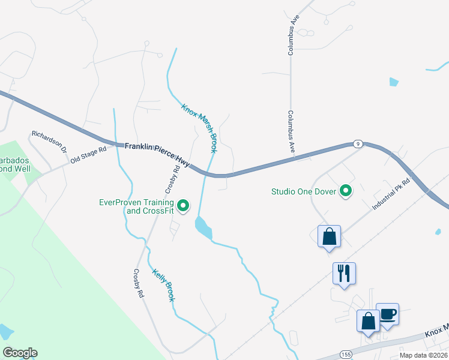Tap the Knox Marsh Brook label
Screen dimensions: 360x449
tap(199, 128)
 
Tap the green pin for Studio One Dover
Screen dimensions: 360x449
tap(346, 191)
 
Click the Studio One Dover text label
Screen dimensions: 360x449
tap(304, 192)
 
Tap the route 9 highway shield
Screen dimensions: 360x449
tap(357, 143)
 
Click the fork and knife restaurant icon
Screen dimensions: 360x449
tap(344, 274)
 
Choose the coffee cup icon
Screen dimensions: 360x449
tap(387, 313)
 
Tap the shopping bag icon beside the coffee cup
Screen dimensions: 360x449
tap(368, 320)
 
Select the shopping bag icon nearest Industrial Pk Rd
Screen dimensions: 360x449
tap(329, 236)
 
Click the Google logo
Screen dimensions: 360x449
tap(20, 353)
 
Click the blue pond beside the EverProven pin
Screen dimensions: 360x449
tap(203, 227)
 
